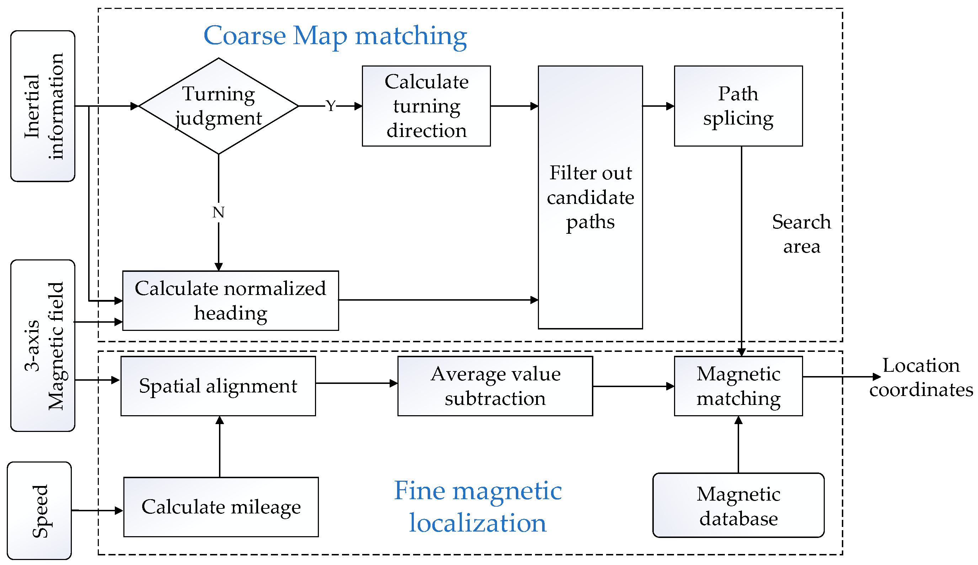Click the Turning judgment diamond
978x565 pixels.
coord(218,106)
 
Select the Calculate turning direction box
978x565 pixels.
coord(426,106)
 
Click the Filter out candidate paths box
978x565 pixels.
coord(590,197)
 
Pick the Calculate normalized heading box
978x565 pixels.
coord(230,300)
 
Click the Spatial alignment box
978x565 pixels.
coord(218,386)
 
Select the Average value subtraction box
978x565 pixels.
coord(495,386)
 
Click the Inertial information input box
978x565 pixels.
coord(43,106)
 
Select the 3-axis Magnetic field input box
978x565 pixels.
coord(43,345)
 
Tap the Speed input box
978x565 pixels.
coord(39,510)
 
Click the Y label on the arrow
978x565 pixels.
coord(330,106)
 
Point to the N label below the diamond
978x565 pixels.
coord(218,212)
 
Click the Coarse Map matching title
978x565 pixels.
coord(335,36)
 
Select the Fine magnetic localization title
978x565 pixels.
coord(477,506)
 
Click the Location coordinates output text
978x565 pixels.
coord(921,377)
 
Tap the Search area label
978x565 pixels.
coord(801,234)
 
